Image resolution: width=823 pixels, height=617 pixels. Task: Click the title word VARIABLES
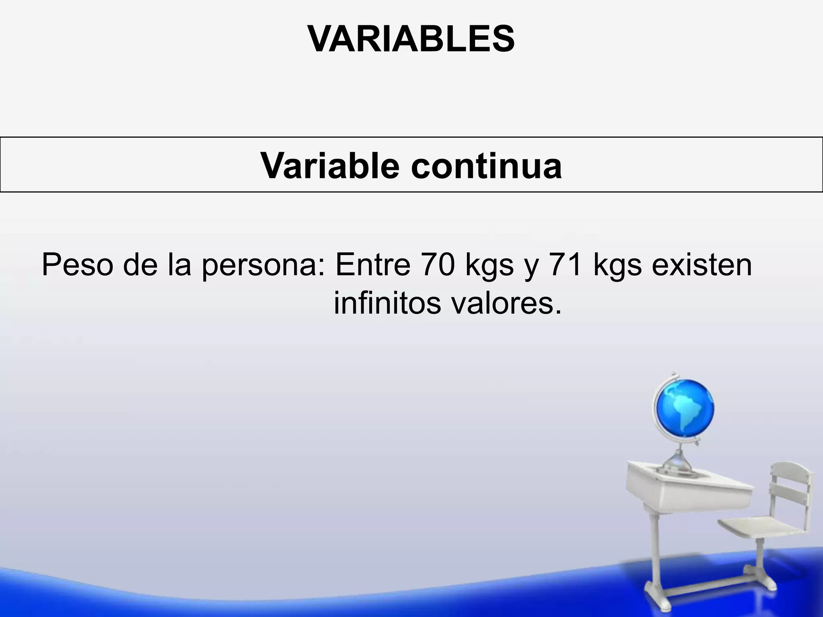[411, 39]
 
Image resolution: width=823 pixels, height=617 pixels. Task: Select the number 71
[566, 265]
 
